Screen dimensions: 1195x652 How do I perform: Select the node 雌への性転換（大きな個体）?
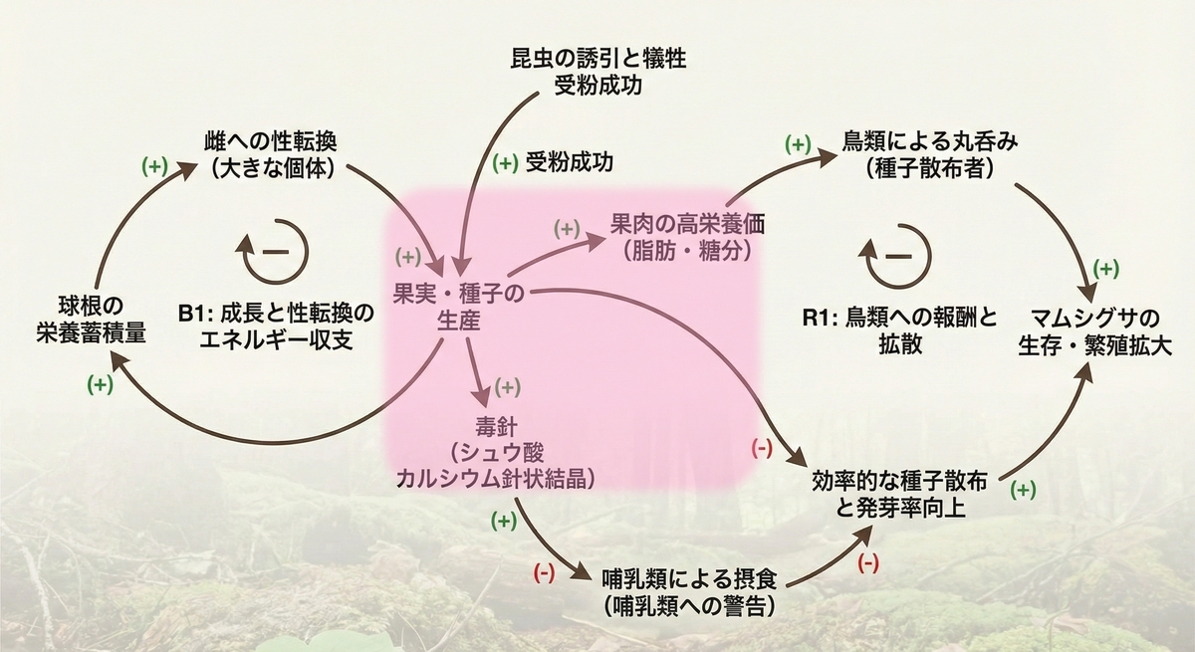pos(272,155)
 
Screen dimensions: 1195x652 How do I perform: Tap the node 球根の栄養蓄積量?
pos(91,320)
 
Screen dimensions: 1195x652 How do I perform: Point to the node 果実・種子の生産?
pos(459,307)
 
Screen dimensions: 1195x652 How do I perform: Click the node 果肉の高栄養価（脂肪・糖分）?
pos(687,237)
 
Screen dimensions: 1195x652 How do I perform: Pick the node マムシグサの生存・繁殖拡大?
pos(1094,332)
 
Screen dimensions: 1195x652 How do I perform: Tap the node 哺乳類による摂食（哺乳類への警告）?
pos(689,592)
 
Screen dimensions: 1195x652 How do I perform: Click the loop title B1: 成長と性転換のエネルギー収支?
pos(277,326)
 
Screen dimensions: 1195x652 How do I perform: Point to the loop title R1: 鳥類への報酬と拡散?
pos(900,331)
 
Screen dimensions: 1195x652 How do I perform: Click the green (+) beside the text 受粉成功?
pos(505,163)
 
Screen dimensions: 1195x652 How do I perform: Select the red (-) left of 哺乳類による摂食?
pos(544,573)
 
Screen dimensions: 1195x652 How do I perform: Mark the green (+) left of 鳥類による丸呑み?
pos(798,144)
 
